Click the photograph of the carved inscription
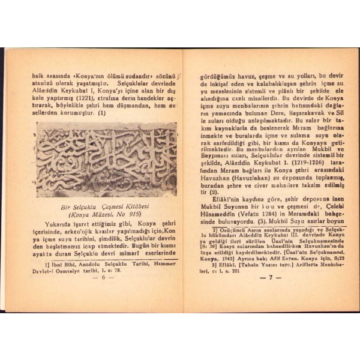click(107, 160)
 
